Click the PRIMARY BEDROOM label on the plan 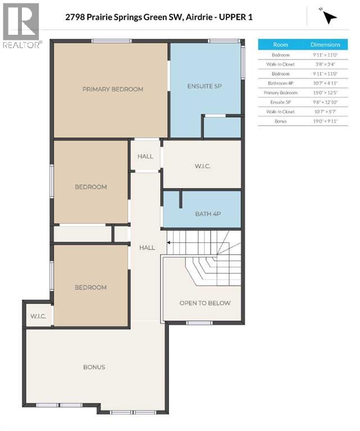pos(112,89)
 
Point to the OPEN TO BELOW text pos(205,303)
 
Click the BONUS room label pos(94,367)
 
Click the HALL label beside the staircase pos(147,247)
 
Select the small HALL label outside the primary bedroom pos(145,156)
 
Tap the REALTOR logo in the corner pos(21,26)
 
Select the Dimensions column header pos(326,44)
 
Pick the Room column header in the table pos(280,44)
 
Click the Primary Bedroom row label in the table pos(280,92)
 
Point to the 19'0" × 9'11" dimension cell pos(326,121)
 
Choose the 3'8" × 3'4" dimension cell pos(326,63)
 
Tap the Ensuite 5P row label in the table pos(280,102)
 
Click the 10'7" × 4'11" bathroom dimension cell pos(326,82)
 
